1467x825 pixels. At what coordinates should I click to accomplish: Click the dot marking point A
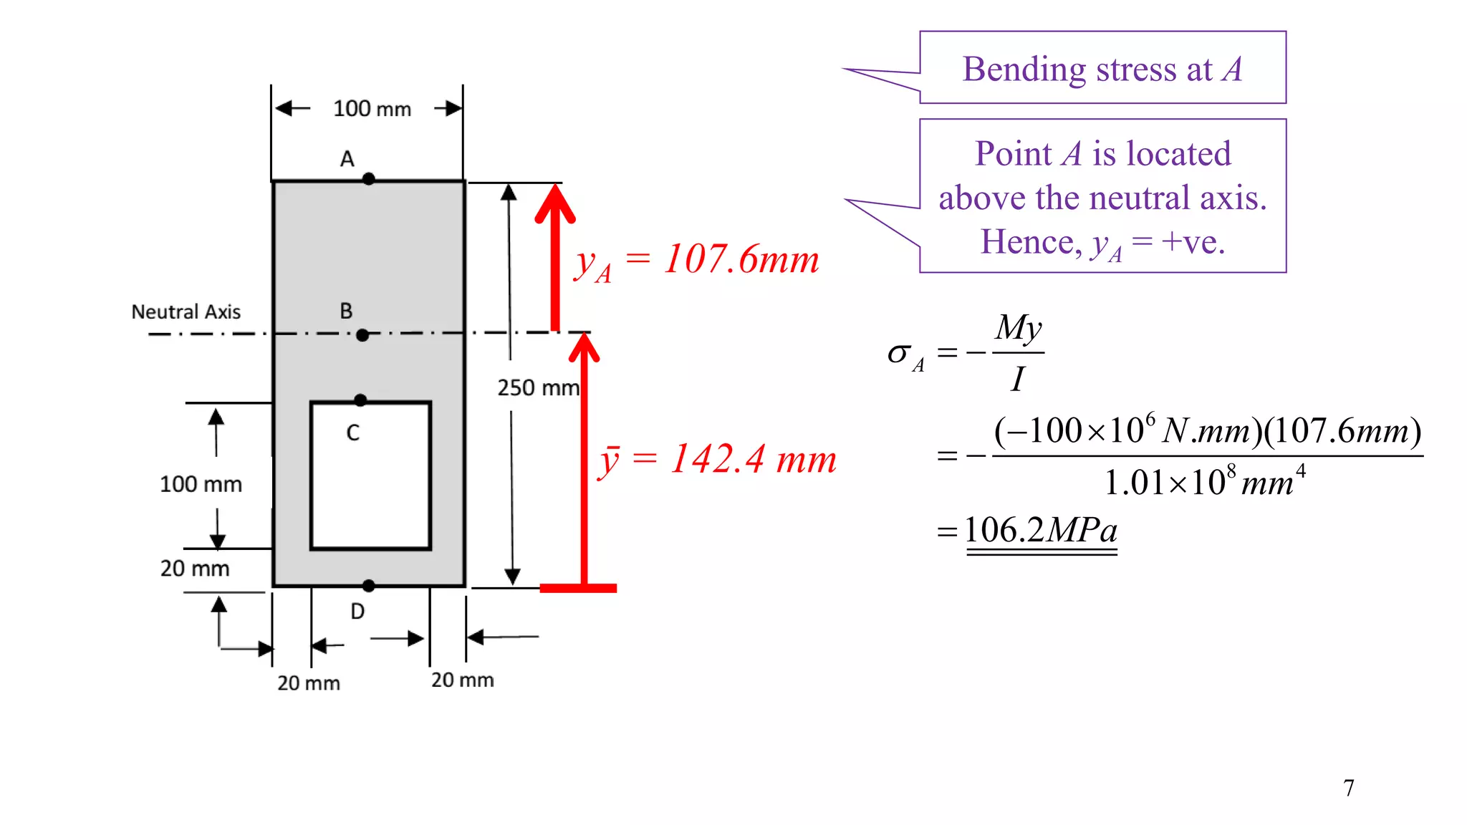[368, 179]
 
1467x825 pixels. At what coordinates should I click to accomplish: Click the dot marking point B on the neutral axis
[362, 335]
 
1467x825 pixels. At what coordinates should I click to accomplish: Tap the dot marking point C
[360, 400]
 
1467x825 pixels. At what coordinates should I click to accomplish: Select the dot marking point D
[369, 586]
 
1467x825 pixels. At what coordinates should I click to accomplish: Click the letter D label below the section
[357, 611]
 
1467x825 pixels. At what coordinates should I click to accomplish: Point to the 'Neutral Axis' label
[186, 312]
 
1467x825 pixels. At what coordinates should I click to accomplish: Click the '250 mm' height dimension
[539, 387]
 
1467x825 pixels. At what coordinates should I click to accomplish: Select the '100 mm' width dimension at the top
[372, 109]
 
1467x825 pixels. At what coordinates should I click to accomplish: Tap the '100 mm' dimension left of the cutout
[201, 484]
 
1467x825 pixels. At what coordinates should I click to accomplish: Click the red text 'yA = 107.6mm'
[696, 261]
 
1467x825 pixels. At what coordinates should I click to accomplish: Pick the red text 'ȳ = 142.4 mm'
[717, 460]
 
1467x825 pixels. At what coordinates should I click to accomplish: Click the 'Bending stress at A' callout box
[1103, 68]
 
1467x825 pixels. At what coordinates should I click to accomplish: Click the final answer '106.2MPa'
[1041, 531]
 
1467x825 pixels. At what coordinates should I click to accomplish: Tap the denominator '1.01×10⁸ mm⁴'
[1205, 481]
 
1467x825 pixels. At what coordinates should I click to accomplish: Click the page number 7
[1349, 788]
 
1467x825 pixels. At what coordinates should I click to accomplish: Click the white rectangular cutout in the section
[370, 476]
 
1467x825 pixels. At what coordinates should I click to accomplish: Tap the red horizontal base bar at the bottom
[578, 588]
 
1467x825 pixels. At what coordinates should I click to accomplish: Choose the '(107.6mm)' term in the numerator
[1343, 431]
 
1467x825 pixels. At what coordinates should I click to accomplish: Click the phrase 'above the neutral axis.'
[1103, 198]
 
